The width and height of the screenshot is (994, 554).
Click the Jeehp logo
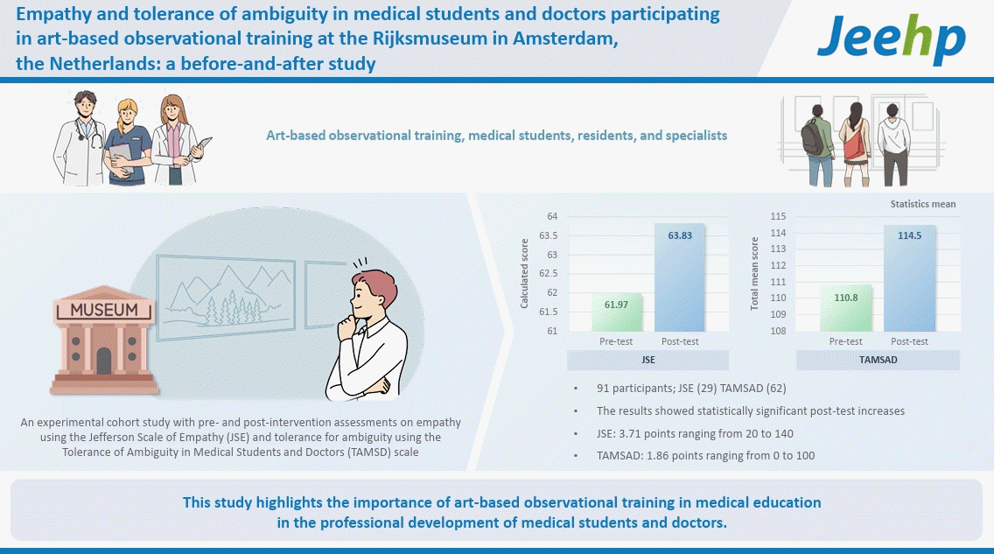click(x=891, y=39)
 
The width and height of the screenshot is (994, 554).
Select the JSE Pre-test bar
click(x=617, y=312)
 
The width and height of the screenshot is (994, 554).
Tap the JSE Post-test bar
click(x=679, y=277)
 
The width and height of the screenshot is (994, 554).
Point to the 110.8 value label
click(x=845, y=298)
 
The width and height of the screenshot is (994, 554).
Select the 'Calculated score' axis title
click(x=525, y=274)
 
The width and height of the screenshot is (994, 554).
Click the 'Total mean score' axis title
click(x=754, y=274)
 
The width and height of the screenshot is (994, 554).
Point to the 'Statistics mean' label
click(x=922, y=204)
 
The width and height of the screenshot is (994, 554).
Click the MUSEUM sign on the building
click(x=104, y=310)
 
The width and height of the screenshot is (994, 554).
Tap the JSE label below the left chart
click(x=648, y=361)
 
